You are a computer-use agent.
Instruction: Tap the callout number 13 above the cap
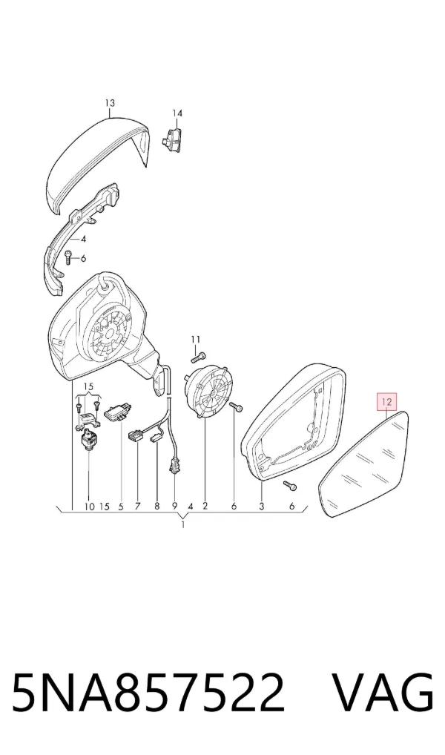110,102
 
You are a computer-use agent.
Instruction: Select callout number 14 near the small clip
178,113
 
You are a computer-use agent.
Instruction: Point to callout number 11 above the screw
195,340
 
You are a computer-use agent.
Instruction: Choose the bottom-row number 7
138,506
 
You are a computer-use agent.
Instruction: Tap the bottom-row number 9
175,506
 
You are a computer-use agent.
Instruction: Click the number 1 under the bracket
183,525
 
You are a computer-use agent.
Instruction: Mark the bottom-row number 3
262,506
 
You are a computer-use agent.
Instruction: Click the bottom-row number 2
205,506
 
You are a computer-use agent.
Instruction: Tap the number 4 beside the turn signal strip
83,239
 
